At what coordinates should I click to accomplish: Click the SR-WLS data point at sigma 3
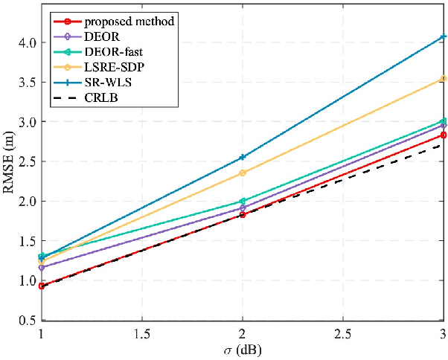pyautogui.click(x=443, y=36)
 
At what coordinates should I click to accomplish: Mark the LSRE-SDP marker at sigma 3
pyautogui.click(x=443, y=79)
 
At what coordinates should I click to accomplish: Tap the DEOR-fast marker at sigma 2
pyautogui.click(x=242, y=201)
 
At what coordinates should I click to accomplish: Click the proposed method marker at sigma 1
pyautogui.click(x=42, y=286)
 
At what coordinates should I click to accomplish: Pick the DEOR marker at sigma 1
pyautogui.click(x=42, y=267)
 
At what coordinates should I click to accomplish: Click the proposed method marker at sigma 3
pyautogui.click(x=443, y=135)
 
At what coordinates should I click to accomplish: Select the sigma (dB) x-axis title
pyautogui.click(x=242, y=349)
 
